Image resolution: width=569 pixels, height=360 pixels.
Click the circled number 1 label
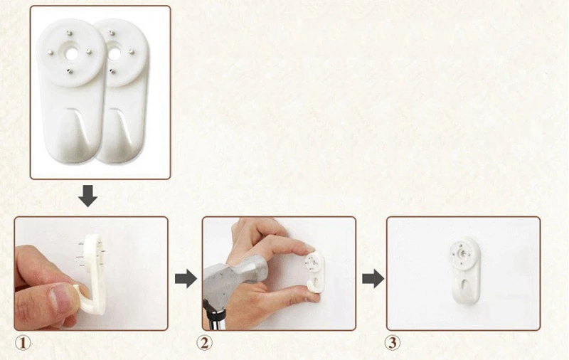coord(23,343)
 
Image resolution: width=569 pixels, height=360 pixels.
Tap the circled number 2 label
coord(205,343)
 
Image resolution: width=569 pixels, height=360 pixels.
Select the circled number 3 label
coord(393,343)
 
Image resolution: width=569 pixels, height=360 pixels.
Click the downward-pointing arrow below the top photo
coord(87,196)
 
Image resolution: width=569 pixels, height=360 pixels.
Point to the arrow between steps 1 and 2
coord(186,279)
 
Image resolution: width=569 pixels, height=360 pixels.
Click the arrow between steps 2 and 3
coord(373,279)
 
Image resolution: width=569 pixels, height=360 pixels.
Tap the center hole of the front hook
coord(72,53)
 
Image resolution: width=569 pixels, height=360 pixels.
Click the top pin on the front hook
coord(69,33)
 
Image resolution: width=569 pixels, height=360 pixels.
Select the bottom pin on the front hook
coord(70,71)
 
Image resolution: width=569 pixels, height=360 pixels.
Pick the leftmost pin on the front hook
coord(50,53)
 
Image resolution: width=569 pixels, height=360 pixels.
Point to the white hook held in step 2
coord(314,272)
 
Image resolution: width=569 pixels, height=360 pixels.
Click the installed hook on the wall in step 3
coord(464,271)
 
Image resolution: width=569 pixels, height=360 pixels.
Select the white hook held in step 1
coord(90,276)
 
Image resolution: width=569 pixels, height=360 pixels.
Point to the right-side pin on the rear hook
coord(132,52)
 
